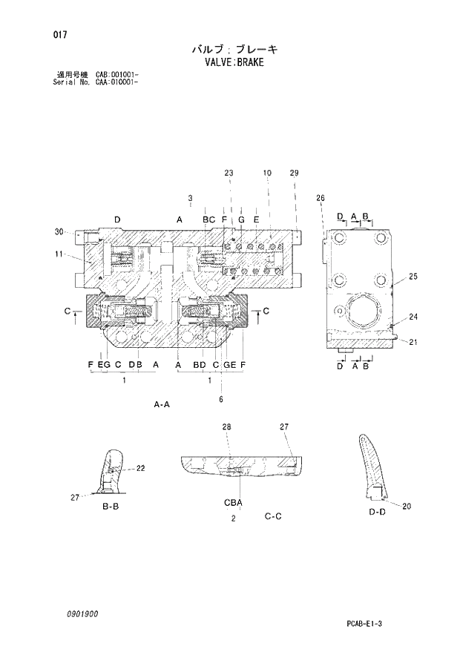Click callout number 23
point(229,173)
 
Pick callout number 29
point(294,173)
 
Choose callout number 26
point(320,198)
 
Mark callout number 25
point(413,277)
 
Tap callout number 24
point(413,317)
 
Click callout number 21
point(413,341)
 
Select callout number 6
point(220,400)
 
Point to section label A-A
point(162,404)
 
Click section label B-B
point(111,506)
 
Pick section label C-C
point(272,516)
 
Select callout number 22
point(140,468)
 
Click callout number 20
point(406,506)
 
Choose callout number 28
point(226,426)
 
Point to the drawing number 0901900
point(81,614)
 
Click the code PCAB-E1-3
point(384,622)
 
